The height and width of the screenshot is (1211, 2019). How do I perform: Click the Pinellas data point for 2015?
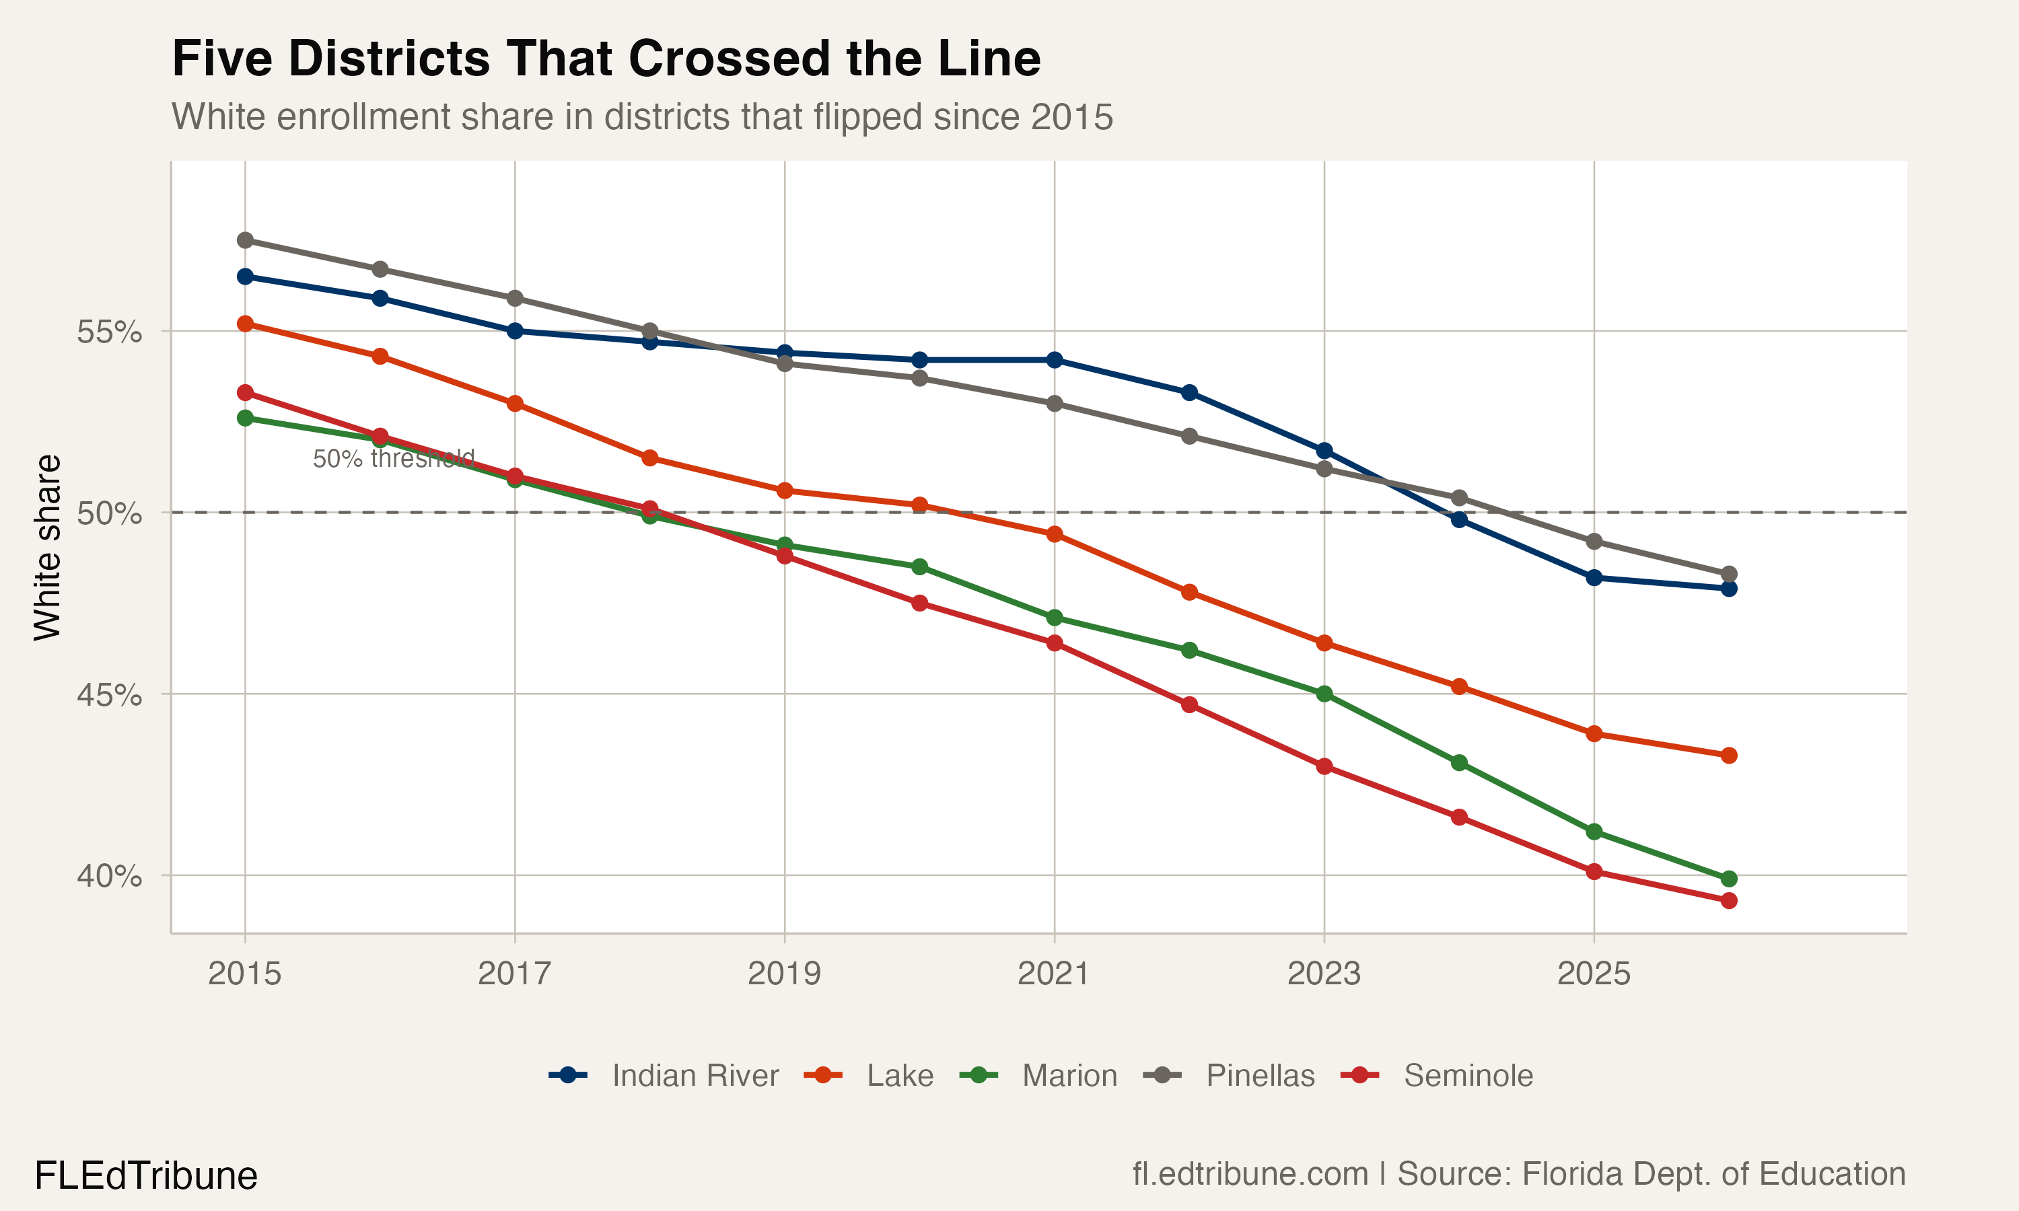point(245,240)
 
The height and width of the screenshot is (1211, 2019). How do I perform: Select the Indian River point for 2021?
point(1055,360)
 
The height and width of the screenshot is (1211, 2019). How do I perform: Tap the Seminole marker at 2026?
point(1728,901)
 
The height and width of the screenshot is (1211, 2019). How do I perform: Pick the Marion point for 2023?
point(1324,694)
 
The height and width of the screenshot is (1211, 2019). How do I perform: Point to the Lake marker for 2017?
point(515,404)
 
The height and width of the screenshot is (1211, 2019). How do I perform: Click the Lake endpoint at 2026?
point(1728,756)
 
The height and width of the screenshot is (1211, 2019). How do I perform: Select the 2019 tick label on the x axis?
point(784,974)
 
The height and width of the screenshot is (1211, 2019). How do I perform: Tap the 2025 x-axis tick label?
point(1594,974)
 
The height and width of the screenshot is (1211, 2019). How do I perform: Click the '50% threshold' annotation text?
point(393,459)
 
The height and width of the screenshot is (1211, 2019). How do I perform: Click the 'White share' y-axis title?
point(47,548)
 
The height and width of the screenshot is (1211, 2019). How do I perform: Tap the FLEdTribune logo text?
point(146,1176)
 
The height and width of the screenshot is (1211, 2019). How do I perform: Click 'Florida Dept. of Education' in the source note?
point(1713,1174)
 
